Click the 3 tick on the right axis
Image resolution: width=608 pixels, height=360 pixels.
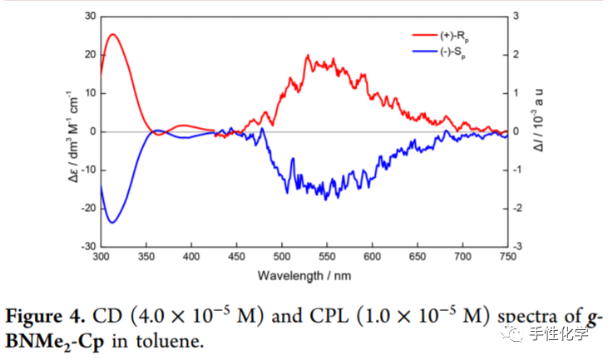pyautogui.click(x=517, y=17)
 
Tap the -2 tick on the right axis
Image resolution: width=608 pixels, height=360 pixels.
pyautogui.click(x=518, y=209)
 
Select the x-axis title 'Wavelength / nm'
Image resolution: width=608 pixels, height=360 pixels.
pyautogui.click(x=304, y=274)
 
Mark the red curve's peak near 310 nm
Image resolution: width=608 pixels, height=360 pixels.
pyautogui.click(x=112, y=34)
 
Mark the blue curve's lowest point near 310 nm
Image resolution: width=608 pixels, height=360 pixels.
pyautogui.click(x=112, y=222)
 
